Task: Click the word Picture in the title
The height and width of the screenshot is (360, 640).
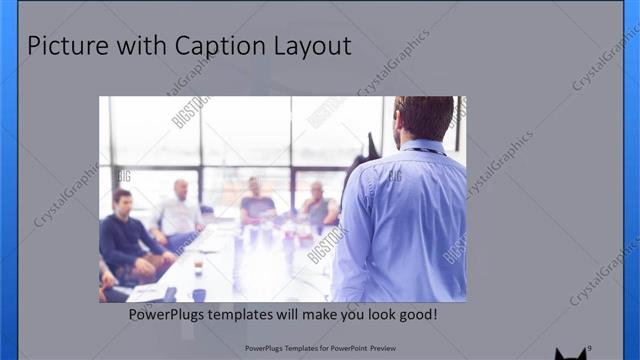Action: [66, 46]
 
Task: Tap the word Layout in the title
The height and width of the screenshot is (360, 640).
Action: [311, 46]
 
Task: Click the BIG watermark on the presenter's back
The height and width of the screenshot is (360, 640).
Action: [394, 176]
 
